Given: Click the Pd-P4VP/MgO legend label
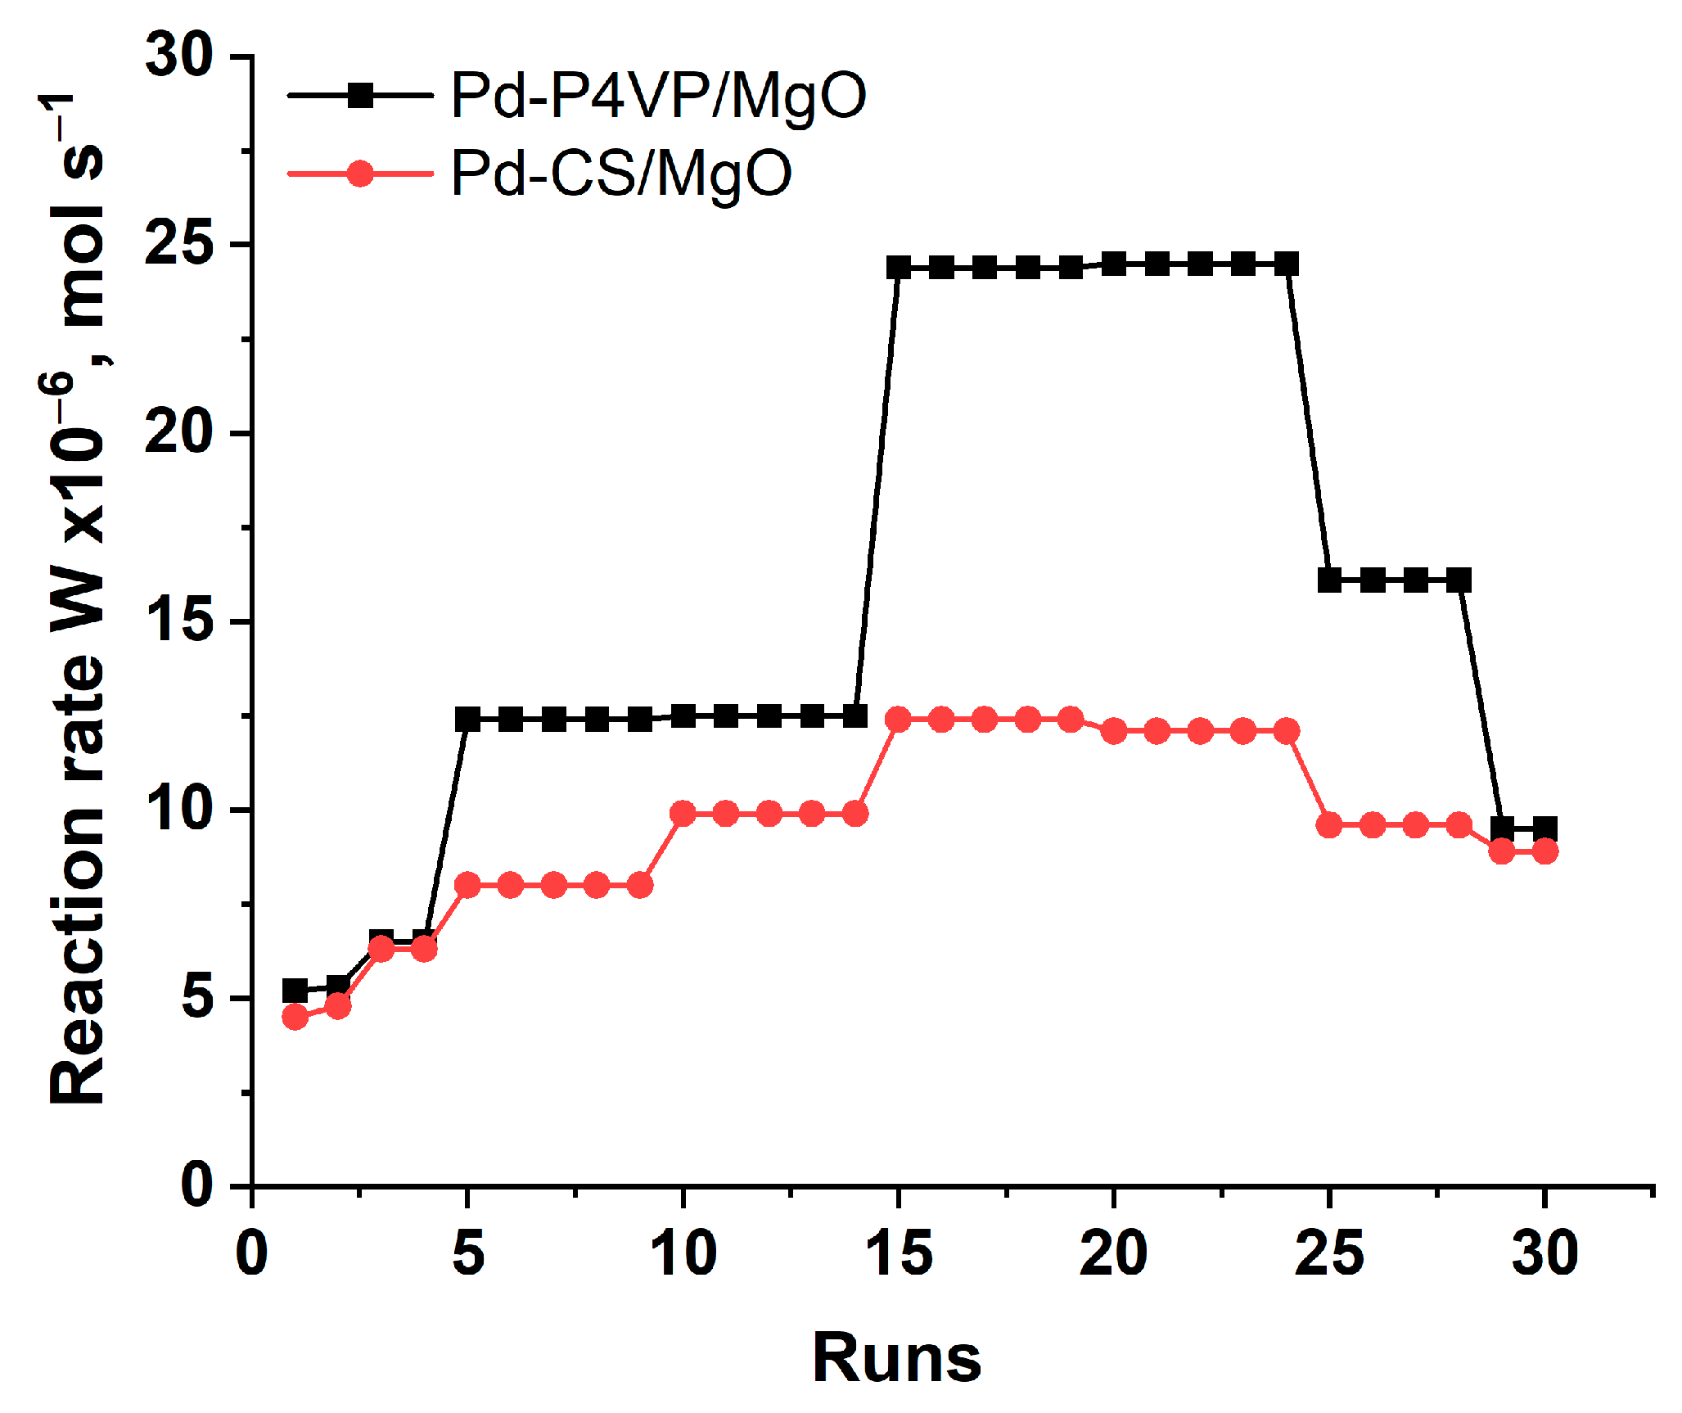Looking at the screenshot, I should [x=659, y=97].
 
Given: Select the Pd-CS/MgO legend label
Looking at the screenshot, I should [x=621, y=174].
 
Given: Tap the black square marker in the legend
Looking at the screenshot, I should [x=360, y=96].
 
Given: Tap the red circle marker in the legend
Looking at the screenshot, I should [x=360, y=174].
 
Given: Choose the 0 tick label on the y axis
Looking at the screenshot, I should [x=196, y=1185].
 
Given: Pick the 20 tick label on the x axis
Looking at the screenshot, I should [x=1113, y=1253].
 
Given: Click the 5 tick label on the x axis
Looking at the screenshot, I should [x=467, y=1253].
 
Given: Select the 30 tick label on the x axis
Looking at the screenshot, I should [x=1544, y=1253].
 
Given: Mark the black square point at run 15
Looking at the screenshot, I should [x=899, y=267].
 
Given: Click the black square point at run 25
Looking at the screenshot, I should [x=1329, y=580].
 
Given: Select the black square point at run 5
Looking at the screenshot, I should [x=467, y=720].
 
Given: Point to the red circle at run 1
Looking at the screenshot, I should [x=295, y=1017].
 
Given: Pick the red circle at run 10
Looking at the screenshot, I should [x=683, y=814].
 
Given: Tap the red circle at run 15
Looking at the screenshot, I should [x=899, y=720].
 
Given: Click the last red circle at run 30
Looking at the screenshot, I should [x=1544, y=851].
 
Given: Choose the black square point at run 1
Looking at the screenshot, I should [x=295, y=991].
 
